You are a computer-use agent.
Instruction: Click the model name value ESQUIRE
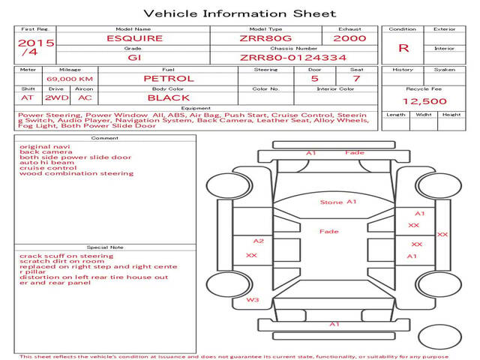point(134,38)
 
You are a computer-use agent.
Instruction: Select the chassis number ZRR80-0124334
point(293,58)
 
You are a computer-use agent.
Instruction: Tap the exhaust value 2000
point(349,38)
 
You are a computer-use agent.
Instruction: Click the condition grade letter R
point(403,48)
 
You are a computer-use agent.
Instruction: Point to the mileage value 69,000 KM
point(70,79)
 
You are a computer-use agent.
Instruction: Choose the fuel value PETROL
point(169,79)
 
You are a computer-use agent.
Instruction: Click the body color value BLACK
point(169,98)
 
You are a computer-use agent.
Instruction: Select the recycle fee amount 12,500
point(424,101)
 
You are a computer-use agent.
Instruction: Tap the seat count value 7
point(356,79)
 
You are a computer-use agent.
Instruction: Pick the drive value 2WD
point(57,98)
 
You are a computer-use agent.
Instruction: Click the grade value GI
point(134,58)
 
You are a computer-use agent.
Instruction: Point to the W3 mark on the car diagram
point(253,300)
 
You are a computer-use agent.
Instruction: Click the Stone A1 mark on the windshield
point(338,202)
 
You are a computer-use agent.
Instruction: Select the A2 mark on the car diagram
point(259,241)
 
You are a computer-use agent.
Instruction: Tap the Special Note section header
point(105,247)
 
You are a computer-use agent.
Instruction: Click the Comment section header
point(105,138)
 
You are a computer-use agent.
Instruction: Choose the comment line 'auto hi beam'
point(46,163)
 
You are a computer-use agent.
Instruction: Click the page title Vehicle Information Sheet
point(240,13)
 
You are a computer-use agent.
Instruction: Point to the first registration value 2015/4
point(35,47)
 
